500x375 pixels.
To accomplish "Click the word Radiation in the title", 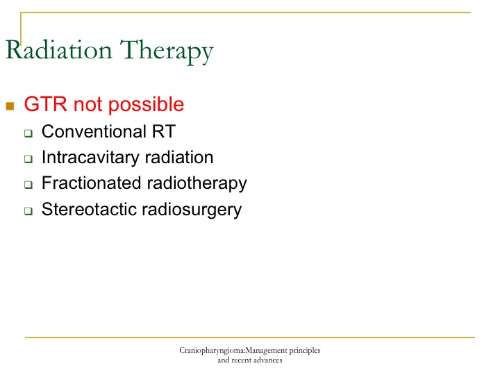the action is point(59,50).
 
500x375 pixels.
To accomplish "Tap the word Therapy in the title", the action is point(167,52).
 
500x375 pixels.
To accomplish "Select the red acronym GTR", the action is point(46,104).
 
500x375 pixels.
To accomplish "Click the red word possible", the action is point(147,105).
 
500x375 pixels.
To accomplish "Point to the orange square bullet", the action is point(10,106).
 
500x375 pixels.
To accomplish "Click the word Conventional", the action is point(94,131).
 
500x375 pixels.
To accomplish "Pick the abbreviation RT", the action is point(164,131).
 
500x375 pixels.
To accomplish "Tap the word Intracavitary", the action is point(90,158).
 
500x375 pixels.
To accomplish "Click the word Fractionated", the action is point(92,183).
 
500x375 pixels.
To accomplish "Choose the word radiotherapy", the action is point(197,184).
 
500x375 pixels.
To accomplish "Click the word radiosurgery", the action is point(192,210).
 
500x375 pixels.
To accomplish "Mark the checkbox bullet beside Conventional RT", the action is point(28,133).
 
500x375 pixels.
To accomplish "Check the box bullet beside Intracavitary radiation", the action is point(28,159).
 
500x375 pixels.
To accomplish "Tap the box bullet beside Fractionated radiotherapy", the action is point(28,184).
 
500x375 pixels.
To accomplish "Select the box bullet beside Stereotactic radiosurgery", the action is point(28,211).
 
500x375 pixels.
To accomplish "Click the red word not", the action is point(87,105).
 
